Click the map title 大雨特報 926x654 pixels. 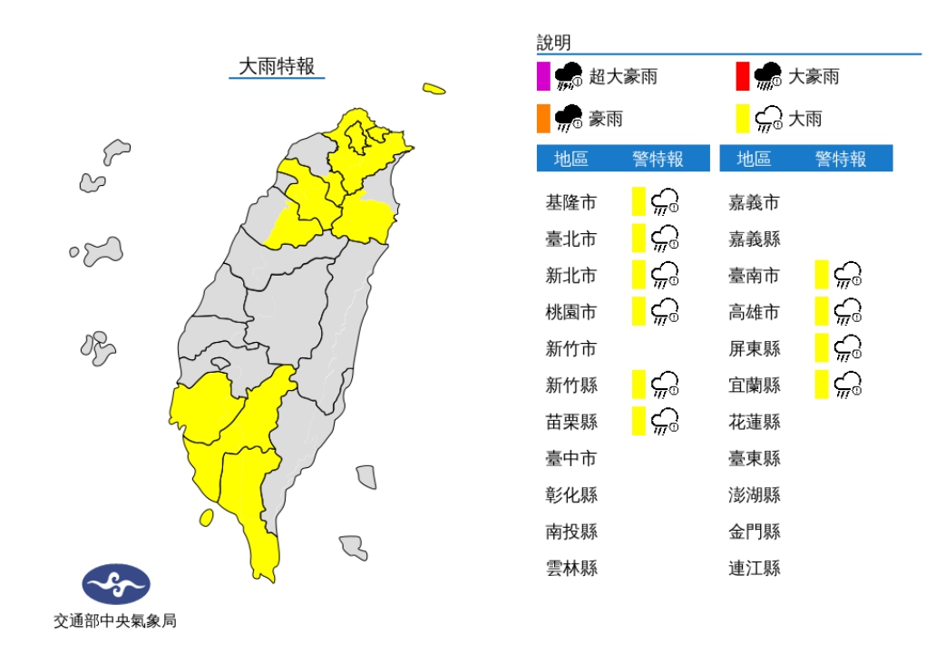coord(277,66)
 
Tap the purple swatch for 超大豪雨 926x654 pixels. coord(543,76)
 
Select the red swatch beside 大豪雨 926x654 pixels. coord(743,76)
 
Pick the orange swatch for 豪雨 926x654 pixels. coord(543,118)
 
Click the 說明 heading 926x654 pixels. coord(554,44)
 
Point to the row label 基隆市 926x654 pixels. coord(571,202)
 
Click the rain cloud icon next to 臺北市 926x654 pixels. coord(665,239)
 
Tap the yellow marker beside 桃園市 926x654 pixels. coord(638,311)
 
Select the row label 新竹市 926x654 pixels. coord(571,348)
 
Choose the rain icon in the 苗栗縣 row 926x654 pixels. coord(665,421)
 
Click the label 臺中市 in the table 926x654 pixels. coord(571,458)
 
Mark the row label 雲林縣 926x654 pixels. coord(571,568)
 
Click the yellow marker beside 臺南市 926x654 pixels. coord(822,274)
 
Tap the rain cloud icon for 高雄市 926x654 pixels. coord(848,311)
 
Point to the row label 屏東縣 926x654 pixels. coord(755,348)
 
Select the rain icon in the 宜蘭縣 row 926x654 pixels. coord(848,385)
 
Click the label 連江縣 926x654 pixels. coord(755,568)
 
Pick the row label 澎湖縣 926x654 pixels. coord(755,494)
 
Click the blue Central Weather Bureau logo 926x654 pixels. coord(116,584)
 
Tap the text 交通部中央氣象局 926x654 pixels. coord(115,621)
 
